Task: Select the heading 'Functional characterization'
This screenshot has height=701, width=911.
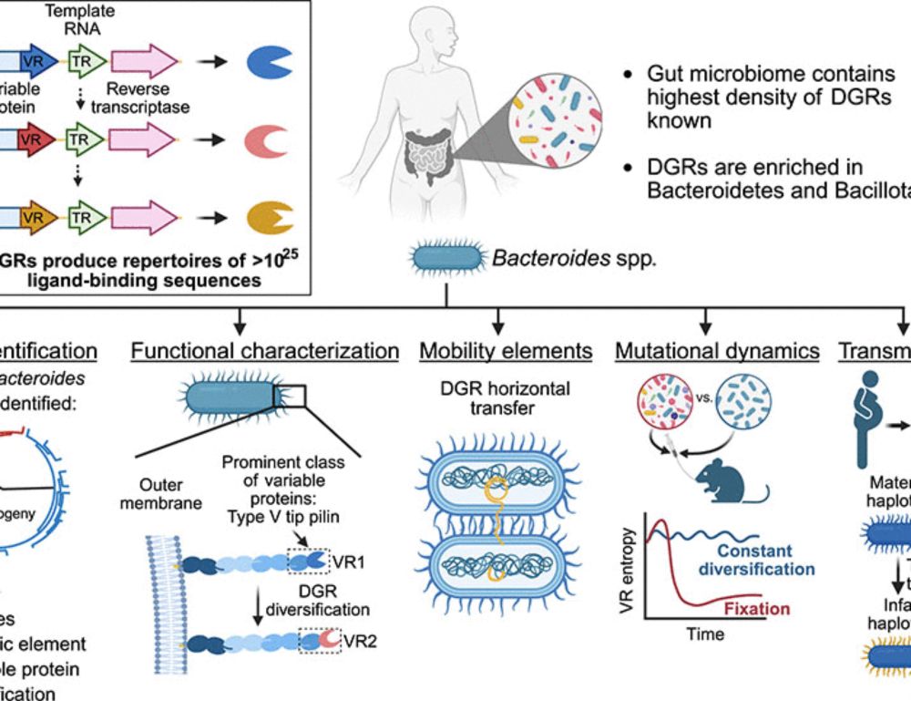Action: coord(264,351)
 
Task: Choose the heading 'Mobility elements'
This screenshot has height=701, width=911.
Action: coord(506,351)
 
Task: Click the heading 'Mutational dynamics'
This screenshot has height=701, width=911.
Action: coord(716,351)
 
